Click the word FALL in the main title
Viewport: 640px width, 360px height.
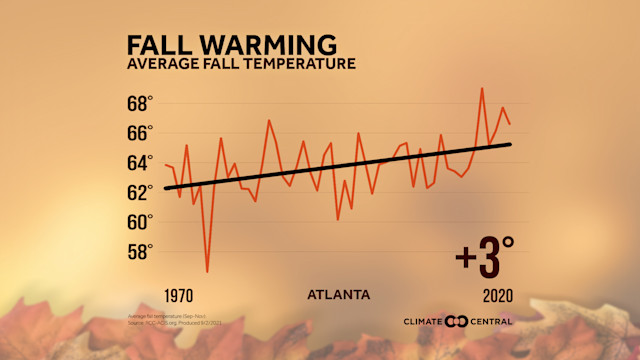(x=157, y=45)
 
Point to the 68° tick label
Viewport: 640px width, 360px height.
(x=139, y=103)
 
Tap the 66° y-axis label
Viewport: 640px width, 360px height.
(x=139, y=132)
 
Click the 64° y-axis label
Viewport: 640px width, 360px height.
(x=139, y=162)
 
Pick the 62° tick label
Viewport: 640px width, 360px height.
(x=139, y=191)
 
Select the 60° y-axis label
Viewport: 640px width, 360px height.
(x=139, y=220)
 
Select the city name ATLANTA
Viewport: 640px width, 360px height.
(x=339, y=295)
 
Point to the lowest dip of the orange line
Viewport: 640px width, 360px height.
(x=207, y=271)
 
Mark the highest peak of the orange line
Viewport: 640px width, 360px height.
(x=482, y=88)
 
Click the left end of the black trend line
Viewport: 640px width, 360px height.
(x=165, y=188)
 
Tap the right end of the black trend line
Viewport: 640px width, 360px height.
(x=511, y=144)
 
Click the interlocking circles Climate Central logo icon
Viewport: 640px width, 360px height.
(x=456, y=321)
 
